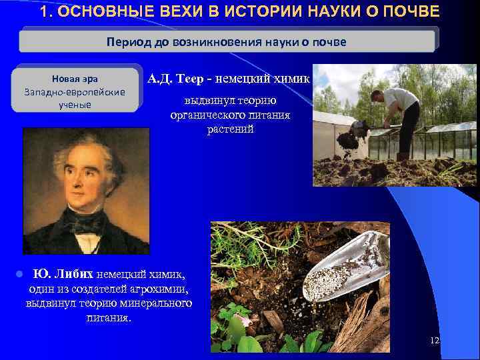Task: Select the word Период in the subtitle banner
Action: point(129,42)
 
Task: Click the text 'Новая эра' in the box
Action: point(74,79)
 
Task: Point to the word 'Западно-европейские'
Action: point(74,92)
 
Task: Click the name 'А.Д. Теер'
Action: point(177,79)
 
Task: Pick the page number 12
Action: point(435,341)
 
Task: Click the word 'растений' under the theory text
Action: point(230,128)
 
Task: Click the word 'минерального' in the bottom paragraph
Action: point(159,303)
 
